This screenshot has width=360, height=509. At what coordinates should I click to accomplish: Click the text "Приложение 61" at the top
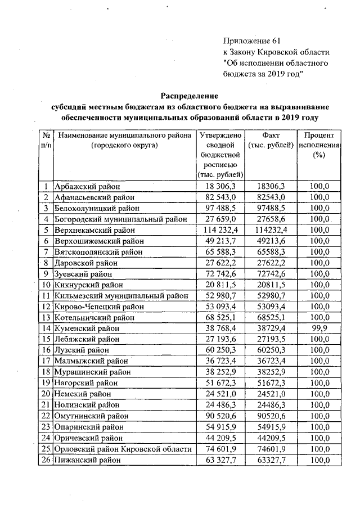pos(251,41)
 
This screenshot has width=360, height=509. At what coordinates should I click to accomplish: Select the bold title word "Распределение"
pos(190,96)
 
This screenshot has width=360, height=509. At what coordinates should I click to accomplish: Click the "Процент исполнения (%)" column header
pos(319,145)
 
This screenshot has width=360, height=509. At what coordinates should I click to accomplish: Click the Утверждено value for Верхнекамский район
pos(220,230)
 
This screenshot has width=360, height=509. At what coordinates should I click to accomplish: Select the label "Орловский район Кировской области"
pos(123,448)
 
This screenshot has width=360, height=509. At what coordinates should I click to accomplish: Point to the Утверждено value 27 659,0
pos(220,219)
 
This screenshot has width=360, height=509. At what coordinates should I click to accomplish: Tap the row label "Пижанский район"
pos(87,460)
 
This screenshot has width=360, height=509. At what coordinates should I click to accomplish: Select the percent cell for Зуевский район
pos(319,273)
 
